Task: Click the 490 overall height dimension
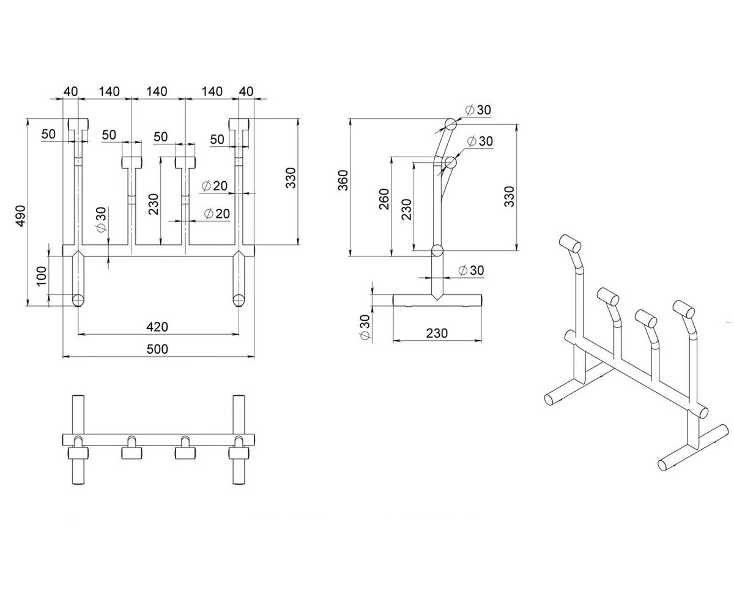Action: pyautogui.click(x=21, y=215)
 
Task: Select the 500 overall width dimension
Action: pyautogui.click(x=157, y=349)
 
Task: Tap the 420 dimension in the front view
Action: pyautogui.click(x=157, y=327)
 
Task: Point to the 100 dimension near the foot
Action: pyautogui.click(x=42, y=276)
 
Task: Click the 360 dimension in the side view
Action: pyautogui.click(x=343, y=180)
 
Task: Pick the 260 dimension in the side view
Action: pyautogui.click(x=384, y=200)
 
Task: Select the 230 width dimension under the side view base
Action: pyautogui.click(x=437, y=333)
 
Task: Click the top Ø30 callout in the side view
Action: pyautogui.click(x=478, y=110)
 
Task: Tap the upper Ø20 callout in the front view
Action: pyautogui.click(x=215, y=185)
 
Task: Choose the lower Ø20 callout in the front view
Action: pyautogui.click(x=217, y=213)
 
